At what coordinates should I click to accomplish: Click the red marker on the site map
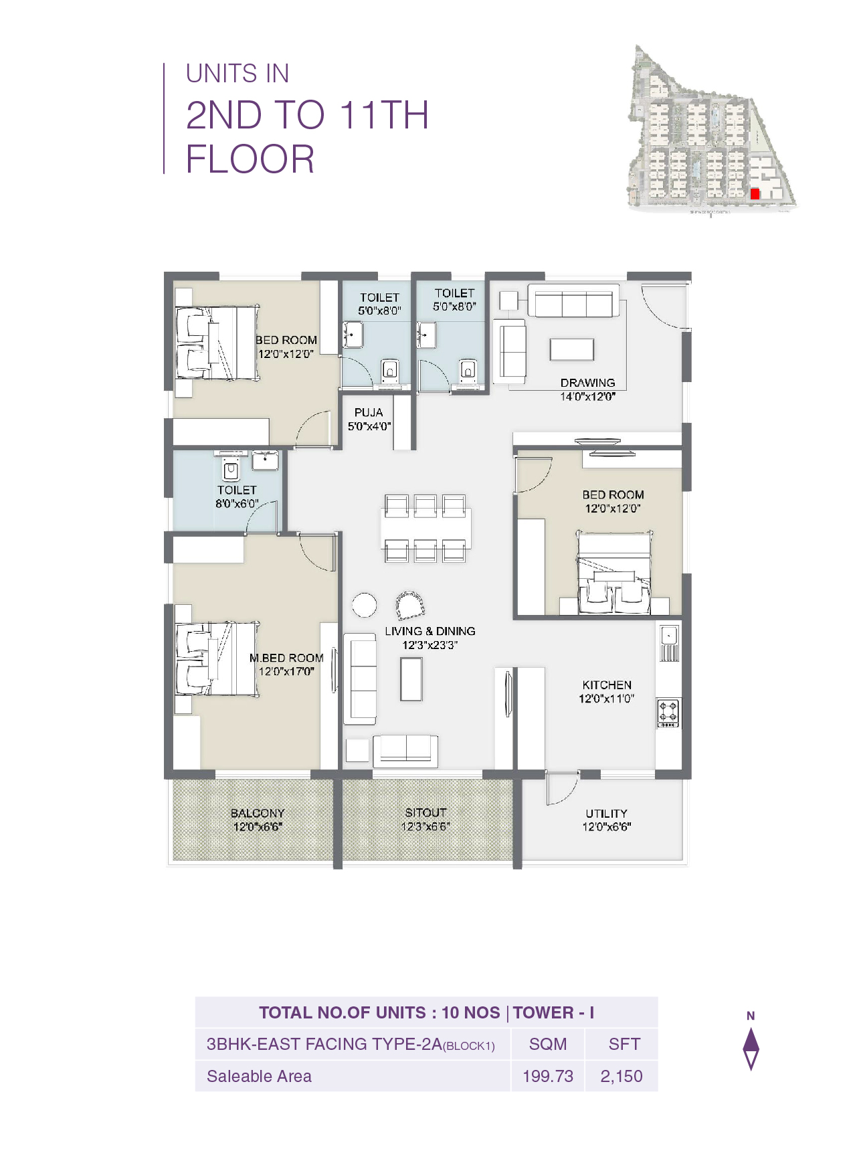click(755, 193)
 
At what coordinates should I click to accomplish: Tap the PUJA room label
click(369, 413)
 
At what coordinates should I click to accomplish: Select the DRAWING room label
click(587, 383)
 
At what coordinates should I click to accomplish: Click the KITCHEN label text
click(606, 685)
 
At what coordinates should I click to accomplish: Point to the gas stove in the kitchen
click(668, 713)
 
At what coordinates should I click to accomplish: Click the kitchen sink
click(668, 635)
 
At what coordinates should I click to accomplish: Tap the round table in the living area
click(364, 605)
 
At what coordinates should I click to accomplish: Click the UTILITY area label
click(606, 814)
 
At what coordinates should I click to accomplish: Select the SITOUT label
click(425, 812)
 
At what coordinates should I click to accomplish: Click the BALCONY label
click(258, 813)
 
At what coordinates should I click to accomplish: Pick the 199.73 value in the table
click(547, 1076)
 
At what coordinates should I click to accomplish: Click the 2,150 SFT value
click(621, 1076)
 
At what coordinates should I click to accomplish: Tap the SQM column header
click(547, 1044)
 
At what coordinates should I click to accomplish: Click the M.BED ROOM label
click(286, 658)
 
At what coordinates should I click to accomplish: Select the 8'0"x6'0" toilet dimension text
click(236, 503)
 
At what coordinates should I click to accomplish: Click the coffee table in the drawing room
click(571, 349)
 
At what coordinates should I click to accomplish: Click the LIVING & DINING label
click(430, 631)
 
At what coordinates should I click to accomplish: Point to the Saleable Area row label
click(259, 1076)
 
